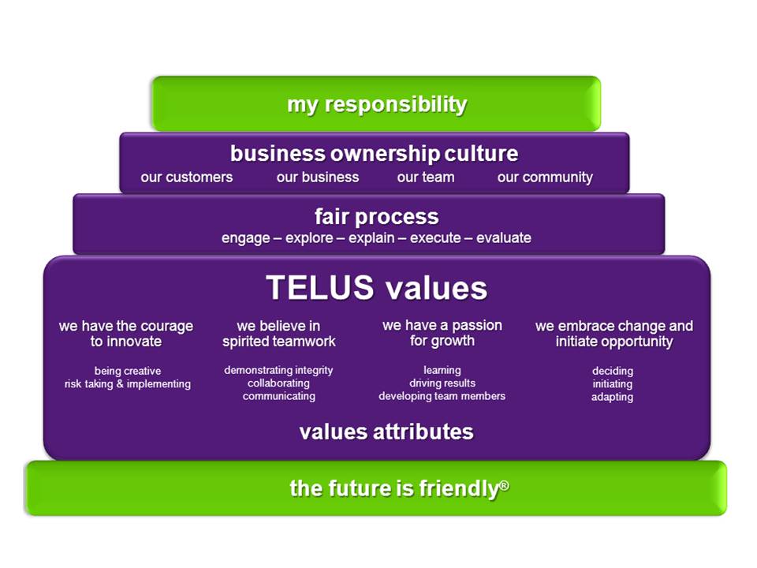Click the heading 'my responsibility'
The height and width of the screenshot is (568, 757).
coord(377,105)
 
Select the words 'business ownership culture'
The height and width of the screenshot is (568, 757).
coord(374,154)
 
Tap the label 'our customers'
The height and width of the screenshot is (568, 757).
coord(187,177)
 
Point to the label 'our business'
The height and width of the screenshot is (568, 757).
coord(318,177)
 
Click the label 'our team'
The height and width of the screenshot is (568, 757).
coord(426,177)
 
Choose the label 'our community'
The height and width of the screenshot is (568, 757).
coord(545,177)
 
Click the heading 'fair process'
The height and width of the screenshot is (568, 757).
coord(377,217)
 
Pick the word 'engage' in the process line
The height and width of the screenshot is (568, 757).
coord(246,238)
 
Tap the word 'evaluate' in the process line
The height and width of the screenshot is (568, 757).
coord(504,237)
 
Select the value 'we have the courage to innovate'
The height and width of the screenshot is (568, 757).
coord(126,334)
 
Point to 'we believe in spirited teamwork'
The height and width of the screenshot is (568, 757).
coord(279,334)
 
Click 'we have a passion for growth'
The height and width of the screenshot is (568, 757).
coord(442,333)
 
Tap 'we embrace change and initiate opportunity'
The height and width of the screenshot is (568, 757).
coord(614,334)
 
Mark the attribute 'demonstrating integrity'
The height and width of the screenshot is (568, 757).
coord(278,371)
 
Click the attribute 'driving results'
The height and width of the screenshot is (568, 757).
coord(442,383)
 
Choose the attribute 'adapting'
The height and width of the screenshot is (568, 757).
coord(612,397)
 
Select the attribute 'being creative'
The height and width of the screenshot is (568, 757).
coord(128,371)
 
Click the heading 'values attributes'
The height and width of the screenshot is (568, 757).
coord(386,432)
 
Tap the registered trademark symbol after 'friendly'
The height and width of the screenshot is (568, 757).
coord(505,484)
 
